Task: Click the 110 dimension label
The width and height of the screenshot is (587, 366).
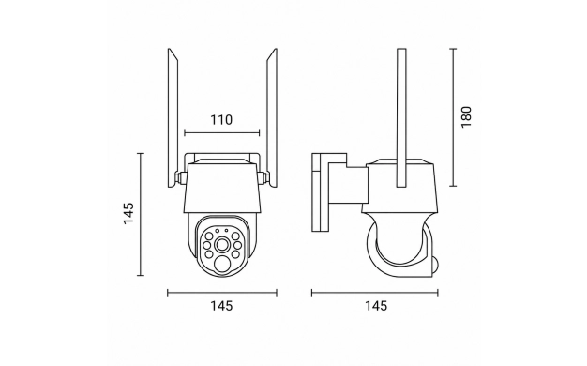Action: point(221,120)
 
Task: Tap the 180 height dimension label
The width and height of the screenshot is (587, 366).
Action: point(466,117)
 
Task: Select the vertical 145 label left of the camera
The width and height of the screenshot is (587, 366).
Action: point(128,214)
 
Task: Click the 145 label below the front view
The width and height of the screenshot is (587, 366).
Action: point(221,306)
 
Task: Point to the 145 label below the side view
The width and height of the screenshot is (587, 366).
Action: point(376,306)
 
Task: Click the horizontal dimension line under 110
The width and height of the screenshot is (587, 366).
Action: point(222,132)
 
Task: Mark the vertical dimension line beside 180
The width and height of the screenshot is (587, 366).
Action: point(453,117)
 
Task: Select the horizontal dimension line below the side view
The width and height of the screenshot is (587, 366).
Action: point(375,293)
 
